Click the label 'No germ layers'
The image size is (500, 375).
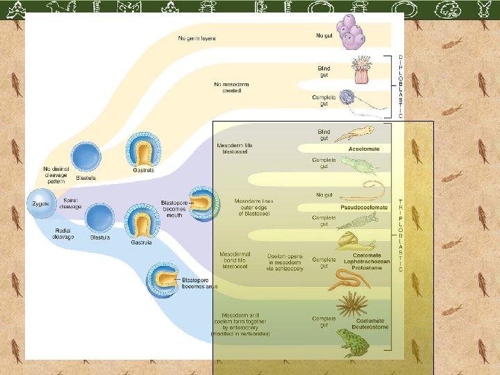(197, 38)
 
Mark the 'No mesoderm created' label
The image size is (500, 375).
(232, 87)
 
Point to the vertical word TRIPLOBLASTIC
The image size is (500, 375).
(401, 235)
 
